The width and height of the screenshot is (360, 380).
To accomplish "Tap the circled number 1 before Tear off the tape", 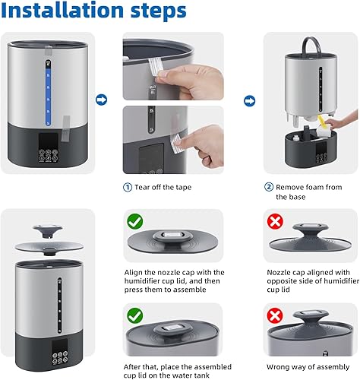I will pyautogui.click(x=127, y=187).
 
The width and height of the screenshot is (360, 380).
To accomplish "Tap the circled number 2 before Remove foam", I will pyautogui.click(x=268, y=187).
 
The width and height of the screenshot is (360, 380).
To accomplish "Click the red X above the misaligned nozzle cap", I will pyautogui.click(x=275, y=223).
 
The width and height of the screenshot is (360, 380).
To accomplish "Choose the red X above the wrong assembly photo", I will pyautogui.click(x=275, y=315).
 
